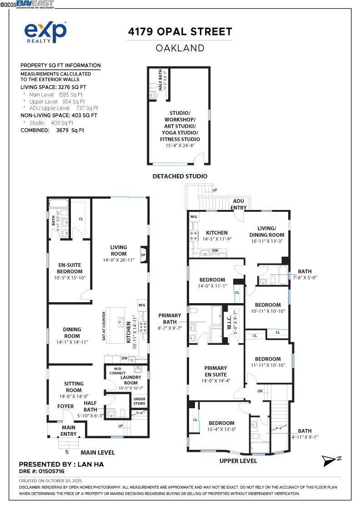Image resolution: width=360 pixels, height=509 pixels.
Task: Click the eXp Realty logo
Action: point(45,32)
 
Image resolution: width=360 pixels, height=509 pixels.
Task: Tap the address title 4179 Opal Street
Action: point(180,31)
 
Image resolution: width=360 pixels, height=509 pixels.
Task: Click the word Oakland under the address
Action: point(180,48)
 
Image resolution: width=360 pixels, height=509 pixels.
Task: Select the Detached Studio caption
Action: point(180,176)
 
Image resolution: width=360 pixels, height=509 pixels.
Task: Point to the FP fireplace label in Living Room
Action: point(143,255)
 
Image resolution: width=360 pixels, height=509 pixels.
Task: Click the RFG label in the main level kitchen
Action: point(142,305)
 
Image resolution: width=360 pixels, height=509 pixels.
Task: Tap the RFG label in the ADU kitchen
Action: point(194,218)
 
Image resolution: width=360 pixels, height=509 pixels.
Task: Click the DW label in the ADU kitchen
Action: point(215,250)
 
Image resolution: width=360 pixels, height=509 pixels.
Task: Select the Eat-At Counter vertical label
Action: point(104,326)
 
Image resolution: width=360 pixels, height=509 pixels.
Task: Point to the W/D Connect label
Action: point(117,371)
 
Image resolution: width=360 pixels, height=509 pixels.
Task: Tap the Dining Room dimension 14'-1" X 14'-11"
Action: point(72,342)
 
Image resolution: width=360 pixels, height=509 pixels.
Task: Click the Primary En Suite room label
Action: point(215,371)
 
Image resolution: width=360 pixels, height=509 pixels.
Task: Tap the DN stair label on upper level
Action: point(260,390)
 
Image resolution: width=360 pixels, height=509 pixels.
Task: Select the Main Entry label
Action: point(69,430)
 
